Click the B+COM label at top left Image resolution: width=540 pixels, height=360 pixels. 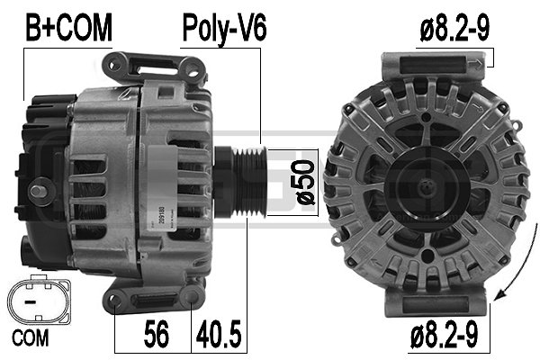(67, 28)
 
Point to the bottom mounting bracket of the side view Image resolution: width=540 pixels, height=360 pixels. (153, 298)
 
